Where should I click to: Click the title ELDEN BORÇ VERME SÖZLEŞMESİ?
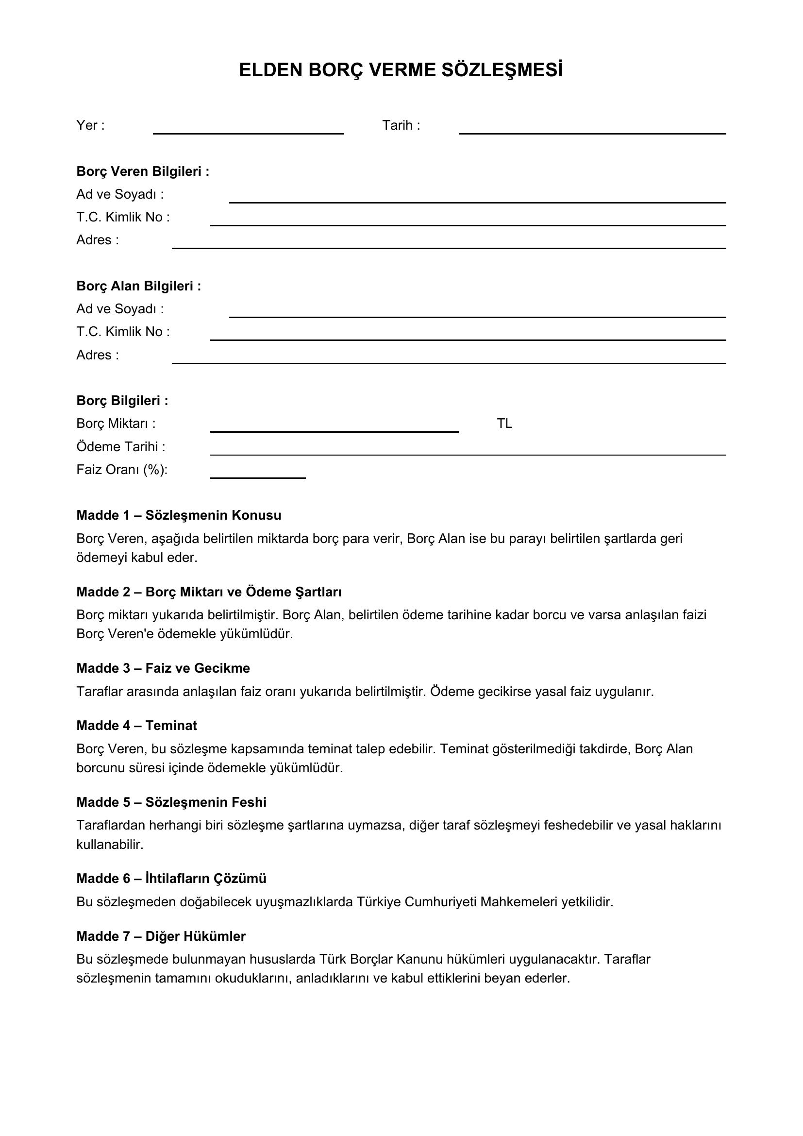401,70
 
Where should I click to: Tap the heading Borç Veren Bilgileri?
143,171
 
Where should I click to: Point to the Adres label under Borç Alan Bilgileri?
98,355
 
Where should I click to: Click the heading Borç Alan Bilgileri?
138,286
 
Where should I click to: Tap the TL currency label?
504,424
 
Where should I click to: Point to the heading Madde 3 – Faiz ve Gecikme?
163,668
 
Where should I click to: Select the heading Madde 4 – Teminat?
136,725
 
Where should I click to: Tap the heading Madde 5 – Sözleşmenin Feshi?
171,802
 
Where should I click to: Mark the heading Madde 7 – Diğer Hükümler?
161,936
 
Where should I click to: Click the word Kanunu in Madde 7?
420,959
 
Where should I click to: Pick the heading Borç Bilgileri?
122,400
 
